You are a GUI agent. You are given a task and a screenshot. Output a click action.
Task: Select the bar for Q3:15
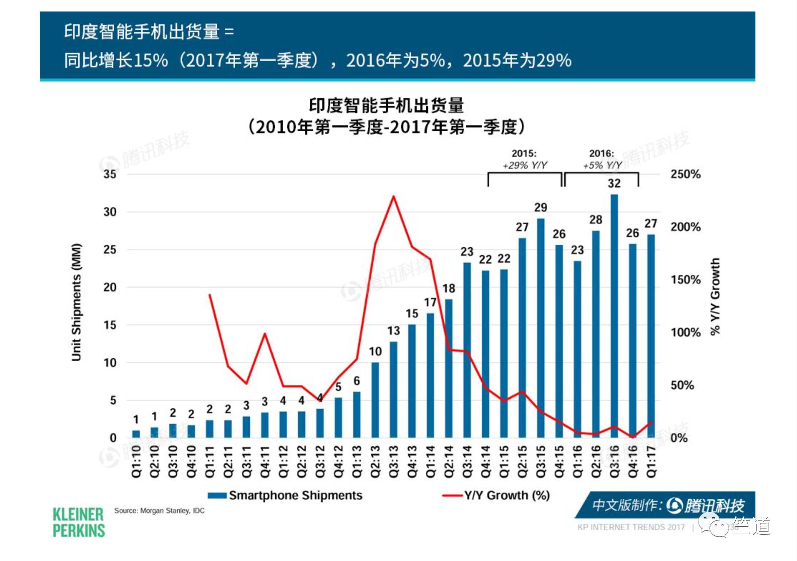[541, 328]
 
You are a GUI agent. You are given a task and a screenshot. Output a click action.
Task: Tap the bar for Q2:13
[375, 400]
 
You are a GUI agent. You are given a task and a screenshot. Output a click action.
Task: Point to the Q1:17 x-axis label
[651, 461]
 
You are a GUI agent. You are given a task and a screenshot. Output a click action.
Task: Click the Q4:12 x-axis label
[338, 461]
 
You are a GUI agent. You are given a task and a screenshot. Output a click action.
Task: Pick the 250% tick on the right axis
[685, 174]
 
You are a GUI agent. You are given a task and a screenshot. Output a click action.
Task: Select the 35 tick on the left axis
[110, 174]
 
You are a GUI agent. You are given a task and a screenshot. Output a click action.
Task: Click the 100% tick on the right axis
[685, 332]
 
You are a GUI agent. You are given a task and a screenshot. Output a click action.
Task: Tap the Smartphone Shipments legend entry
[285, 495]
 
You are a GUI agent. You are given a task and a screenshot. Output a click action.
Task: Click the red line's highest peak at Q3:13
[393, 197]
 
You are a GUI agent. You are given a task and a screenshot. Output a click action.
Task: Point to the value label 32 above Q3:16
[614, 183]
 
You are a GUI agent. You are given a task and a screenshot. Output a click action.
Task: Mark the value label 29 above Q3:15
[541, 208]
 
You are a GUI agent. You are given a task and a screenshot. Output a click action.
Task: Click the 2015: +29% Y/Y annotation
[525, 159]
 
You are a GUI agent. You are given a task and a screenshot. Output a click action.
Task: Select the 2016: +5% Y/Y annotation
[602, 159]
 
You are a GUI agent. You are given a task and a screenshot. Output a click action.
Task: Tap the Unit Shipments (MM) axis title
[76, 302]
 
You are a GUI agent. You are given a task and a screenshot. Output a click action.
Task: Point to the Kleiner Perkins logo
[78, 522]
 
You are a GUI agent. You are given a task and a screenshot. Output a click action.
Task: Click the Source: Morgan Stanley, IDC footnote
[159, 511]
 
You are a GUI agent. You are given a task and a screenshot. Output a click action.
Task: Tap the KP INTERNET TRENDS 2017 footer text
[631, 527]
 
